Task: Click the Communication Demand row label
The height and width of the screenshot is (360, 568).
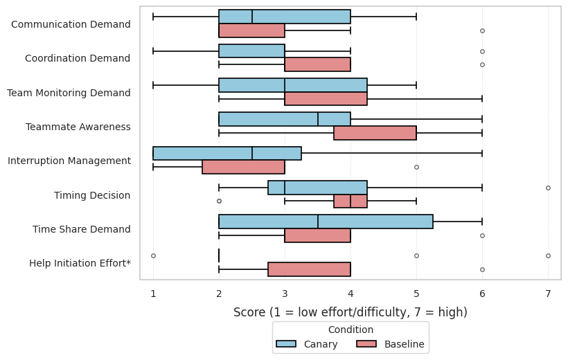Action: tap(71, 24)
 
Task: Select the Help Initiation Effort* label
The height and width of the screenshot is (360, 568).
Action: tap(80, 263)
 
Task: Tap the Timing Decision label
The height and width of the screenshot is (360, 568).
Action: tap(92, 195)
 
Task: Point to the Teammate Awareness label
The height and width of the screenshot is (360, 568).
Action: tap(78, 127)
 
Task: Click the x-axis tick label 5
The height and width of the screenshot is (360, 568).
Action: tap(416, 294)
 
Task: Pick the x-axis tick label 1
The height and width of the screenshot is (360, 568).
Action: tap(153, 294)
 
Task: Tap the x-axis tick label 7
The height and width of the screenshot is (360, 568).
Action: tap(548, 294)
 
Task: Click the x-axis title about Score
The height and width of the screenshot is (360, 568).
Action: tap(350, 312)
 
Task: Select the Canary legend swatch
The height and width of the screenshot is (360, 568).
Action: tap(286, 343)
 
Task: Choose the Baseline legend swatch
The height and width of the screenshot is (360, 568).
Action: tap(366, 343)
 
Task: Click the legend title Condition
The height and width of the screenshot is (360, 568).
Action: tap(350, 330)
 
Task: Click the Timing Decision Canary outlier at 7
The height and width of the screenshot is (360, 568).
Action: tap(548, 188)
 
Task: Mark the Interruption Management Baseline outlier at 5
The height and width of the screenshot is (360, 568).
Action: tap(416, 168)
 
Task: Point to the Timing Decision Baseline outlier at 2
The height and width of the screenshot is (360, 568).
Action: tap(219, 201)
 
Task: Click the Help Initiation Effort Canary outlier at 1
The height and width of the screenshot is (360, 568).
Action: tap(153, 255)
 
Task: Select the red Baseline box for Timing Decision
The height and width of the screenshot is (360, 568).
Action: tap(350, 201)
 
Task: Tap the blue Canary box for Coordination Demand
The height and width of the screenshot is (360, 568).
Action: tap(251, 51)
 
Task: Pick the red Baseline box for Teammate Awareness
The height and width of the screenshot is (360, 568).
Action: tap(375, 133)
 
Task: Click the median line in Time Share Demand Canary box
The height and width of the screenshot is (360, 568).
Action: tap(318, 222)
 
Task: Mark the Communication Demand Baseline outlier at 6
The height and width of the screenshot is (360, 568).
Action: tap(482, 30)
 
